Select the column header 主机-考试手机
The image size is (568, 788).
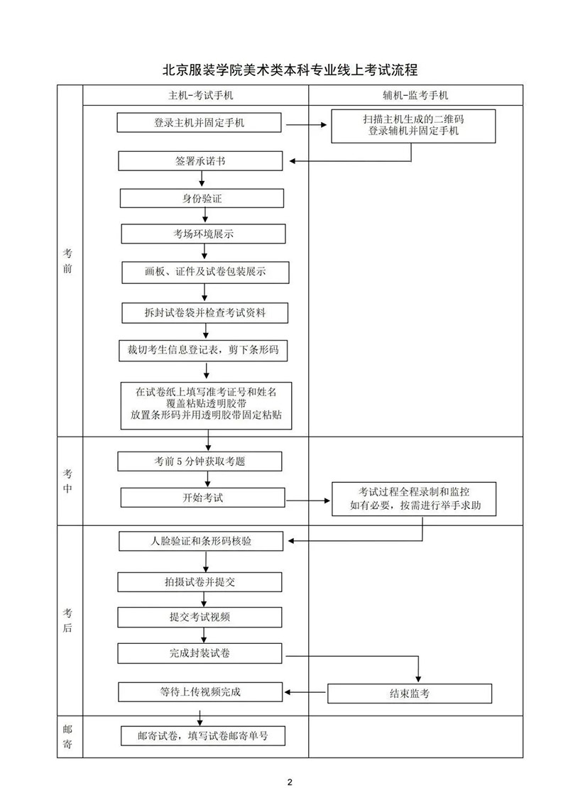click(195, 94)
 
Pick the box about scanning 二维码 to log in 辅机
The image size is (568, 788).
click(413, 126)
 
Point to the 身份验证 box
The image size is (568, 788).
click(202, 198)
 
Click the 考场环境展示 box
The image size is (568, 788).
click(204, 234)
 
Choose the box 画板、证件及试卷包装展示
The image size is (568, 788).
click(205, 272)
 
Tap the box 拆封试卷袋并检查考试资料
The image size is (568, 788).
click(205, 312)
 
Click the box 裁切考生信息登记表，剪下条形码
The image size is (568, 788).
click(204, 351)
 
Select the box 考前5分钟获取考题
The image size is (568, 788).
click(200, 461)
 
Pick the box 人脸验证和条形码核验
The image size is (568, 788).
click(201, 542)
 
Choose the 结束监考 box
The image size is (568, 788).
click(410, 693)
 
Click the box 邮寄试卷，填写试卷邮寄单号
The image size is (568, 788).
click(203, 735)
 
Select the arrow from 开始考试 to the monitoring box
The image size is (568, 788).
click(309, 500)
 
